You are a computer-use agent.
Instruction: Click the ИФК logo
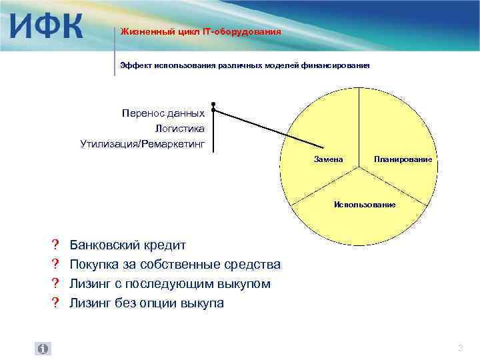pyautogui.click(x=47, y=27)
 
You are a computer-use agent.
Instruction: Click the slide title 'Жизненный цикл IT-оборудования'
pyautogui.click(x=200, y=31)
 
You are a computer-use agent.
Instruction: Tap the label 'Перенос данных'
pyautogui.click(x=163, y=113)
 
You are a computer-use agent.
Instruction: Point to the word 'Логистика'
pyautogui.click(x=179, y=128)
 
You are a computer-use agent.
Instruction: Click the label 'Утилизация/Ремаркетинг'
pyautogui.click(x=142, y=143)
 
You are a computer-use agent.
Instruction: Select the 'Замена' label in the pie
pyautogui.click(x=328, y=159)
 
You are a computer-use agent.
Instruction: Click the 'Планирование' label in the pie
pyautogui.click(x=403, y=159)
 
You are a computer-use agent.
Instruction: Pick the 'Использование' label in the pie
pyautogui.click(x=365, y=204)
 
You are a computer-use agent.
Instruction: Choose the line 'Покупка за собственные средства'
pyautogui.click(x=175, y=265)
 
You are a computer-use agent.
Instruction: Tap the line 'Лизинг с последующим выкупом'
pyautogui.click(x=170, y=284)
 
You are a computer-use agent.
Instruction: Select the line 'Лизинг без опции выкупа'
pyautogui.click(x=147, y=303)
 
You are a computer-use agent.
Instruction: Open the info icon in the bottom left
pyautogui.click(x=43, y=349)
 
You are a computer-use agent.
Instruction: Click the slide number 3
pyautogui.click(x=460, y=349)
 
